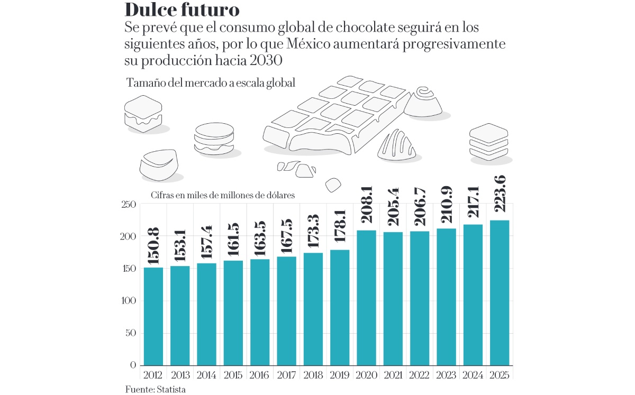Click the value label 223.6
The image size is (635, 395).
pyautogui.click(x=499, y=196)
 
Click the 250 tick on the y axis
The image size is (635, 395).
pyautogui.click(x=129, y=205)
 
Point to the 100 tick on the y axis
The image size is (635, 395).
pyautogui.click(x=129, y=301)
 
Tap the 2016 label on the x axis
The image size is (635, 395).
pyautogui.click(x=259, y=375)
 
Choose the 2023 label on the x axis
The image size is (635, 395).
pyautogui.click(x=446, y=375)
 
